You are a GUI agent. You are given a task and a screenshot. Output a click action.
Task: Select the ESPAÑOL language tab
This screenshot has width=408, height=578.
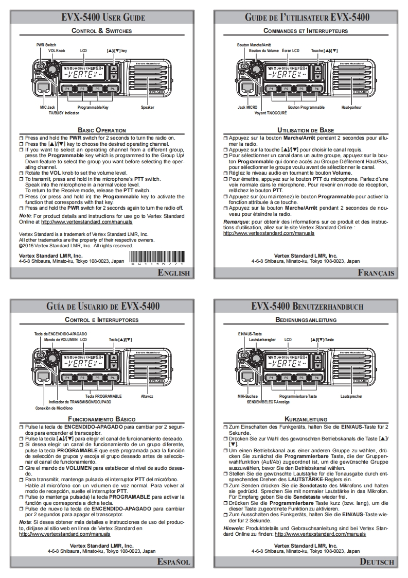click(175, 562)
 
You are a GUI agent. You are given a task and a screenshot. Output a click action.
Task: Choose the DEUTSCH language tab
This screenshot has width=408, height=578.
click(377, 562)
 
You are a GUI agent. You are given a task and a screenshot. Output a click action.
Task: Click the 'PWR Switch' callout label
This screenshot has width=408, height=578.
click(46, 45)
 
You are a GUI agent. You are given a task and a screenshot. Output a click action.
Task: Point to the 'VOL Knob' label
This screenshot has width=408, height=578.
click(57, 51)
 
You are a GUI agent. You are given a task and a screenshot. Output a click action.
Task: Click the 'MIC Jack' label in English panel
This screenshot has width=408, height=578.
click(47, 108)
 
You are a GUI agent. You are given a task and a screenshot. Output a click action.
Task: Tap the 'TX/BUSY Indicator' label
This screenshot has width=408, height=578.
click(64, 112)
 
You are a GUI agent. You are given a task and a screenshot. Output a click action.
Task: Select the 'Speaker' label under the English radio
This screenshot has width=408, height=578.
click(147, 108)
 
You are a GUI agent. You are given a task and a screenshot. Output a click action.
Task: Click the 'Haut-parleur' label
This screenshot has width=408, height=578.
click(351, 108)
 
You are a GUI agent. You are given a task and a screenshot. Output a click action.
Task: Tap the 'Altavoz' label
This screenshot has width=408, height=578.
click(147, 396)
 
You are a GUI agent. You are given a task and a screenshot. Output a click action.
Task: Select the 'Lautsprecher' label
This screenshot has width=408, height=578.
click(351, 396)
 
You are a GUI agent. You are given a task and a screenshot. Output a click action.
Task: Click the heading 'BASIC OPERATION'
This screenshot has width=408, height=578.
click(101, 130)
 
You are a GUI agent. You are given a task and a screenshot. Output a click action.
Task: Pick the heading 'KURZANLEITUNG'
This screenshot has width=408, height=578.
click(306, 419)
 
